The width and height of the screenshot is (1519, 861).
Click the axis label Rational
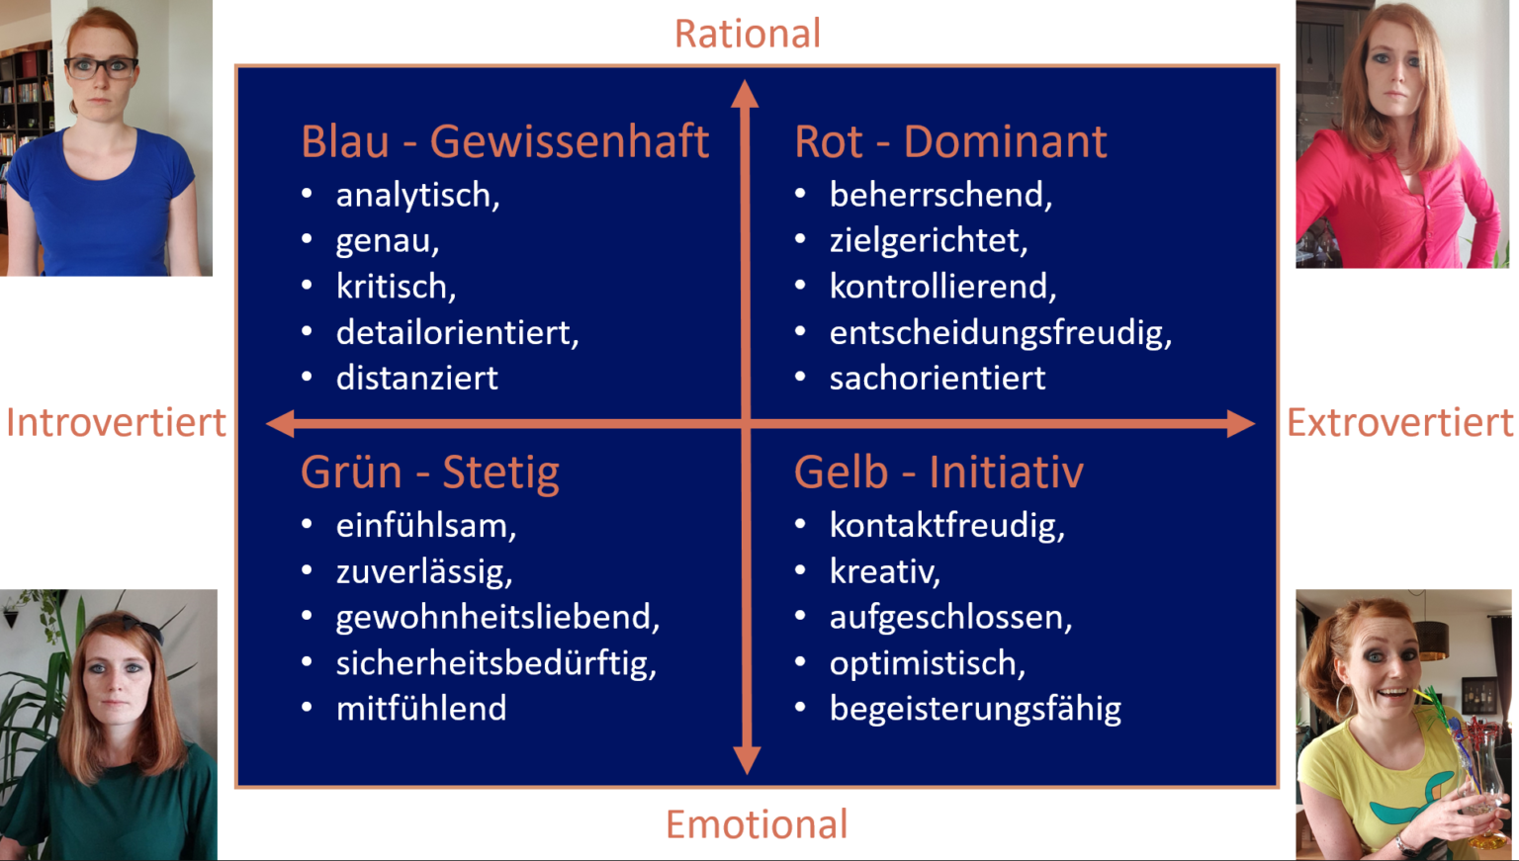pyautogui.click(x=748, y=34)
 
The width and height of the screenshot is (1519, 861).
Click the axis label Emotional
pyautogui.click(x=757, y=824)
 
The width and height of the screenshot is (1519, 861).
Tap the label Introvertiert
pyautogui.click(x=116, y=423)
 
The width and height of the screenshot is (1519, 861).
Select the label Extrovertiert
pyautogui.click(x=1399, y=423)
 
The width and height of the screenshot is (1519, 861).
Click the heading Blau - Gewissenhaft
pyautogui.click(x=504, y=142)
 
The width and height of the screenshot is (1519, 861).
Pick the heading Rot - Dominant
pyautogui.click(x=950, y=142)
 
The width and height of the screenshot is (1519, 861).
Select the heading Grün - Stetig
pyautogui.click(x=430, y=473)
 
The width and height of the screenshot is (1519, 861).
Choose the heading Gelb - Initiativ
pyautogui.click(x=938, y=473)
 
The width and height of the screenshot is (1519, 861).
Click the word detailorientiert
pyautogui.click(x=456, y=333)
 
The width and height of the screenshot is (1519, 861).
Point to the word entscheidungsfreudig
pyautogui.click(x=999, y=333)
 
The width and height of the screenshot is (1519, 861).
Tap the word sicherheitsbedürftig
pyautogui.click(x=495, y=663)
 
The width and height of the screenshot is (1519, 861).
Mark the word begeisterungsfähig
pyautogui.click(x=975, y=709)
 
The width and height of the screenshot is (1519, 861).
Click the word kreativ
pyautogui.click(x=883, y=571)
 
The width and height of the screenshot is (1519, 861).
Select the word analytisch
pyautogui.click(x=416, y=196)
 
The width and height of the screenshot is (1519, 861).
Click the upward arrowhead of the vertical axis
pyautogui.click(x=746, y=94)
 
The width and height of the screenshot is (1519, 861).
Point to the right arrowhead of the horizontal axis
pyautogui.click(x=1240, y=424)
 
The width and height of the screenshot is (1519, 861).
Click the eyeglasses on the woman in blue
pyautogui.click(x=101, y=68)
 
